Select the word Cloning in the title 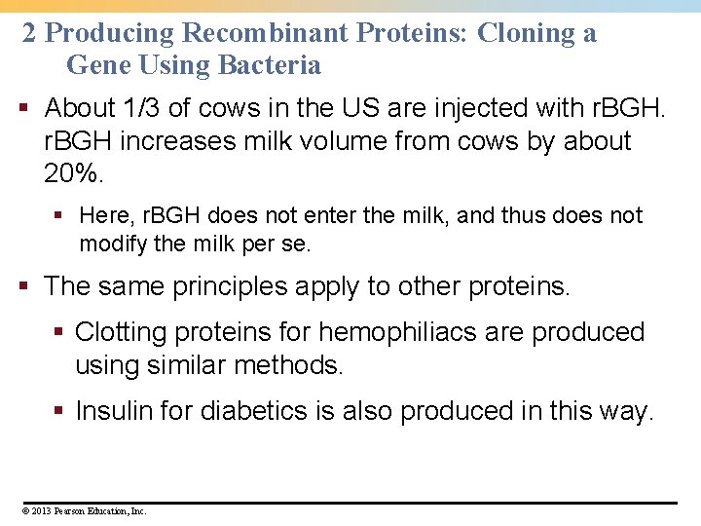(525, 33)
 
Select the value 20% (73, 175)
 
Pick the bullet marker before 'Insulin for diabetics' (60, 411)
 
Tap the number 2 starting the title (29, 33)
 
